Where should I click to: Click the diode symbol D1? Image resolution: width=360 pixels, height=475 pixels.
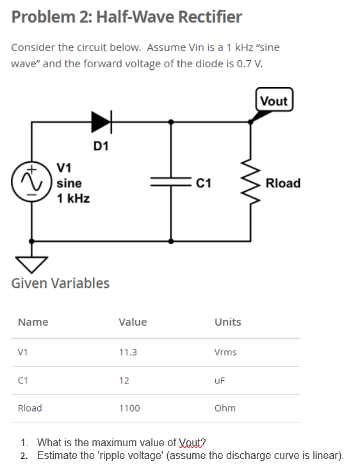(x=101, y=120)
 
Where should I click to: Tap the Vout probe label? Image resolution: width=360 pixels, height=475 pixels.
(x=274, y=101)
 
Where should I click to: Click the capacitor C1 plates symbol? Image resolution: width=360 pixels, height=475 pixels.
(x=170, y=183)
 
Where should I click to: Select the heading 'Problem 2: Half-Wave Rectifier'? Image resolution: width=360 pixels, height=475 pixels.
(x=127, y=17)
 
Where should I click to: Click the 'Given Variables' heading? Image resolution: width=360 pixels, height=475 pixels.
(x=60, y=283)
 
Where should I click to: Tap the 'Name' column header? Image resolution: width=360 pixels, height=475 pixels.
(x=33, y=322)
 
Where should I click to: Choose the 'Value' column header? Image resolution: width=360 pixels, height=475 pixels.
(x=133, y=322)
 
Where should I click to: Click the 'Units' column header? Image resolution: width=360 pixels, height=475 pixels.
(x=228, y=322)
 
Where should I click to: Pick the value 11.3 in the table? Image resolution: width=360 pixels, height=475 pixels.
(x=128, y=352)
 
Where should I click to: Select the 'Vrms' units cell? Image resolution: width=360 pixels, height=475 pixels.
(x=225, y=352)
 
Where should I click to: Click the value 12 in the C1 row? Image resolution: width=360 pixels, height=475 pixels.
(x=124, y=380)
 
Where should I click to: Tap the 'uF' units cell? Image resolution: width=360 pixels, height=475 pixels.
(x=220, y=380)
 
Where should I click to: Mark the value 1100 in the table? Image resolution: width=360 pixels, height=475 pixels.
(x=129, y=408)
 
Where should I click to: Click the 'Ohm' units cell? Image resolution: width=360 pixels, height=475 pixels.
(x=225, y=408)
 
